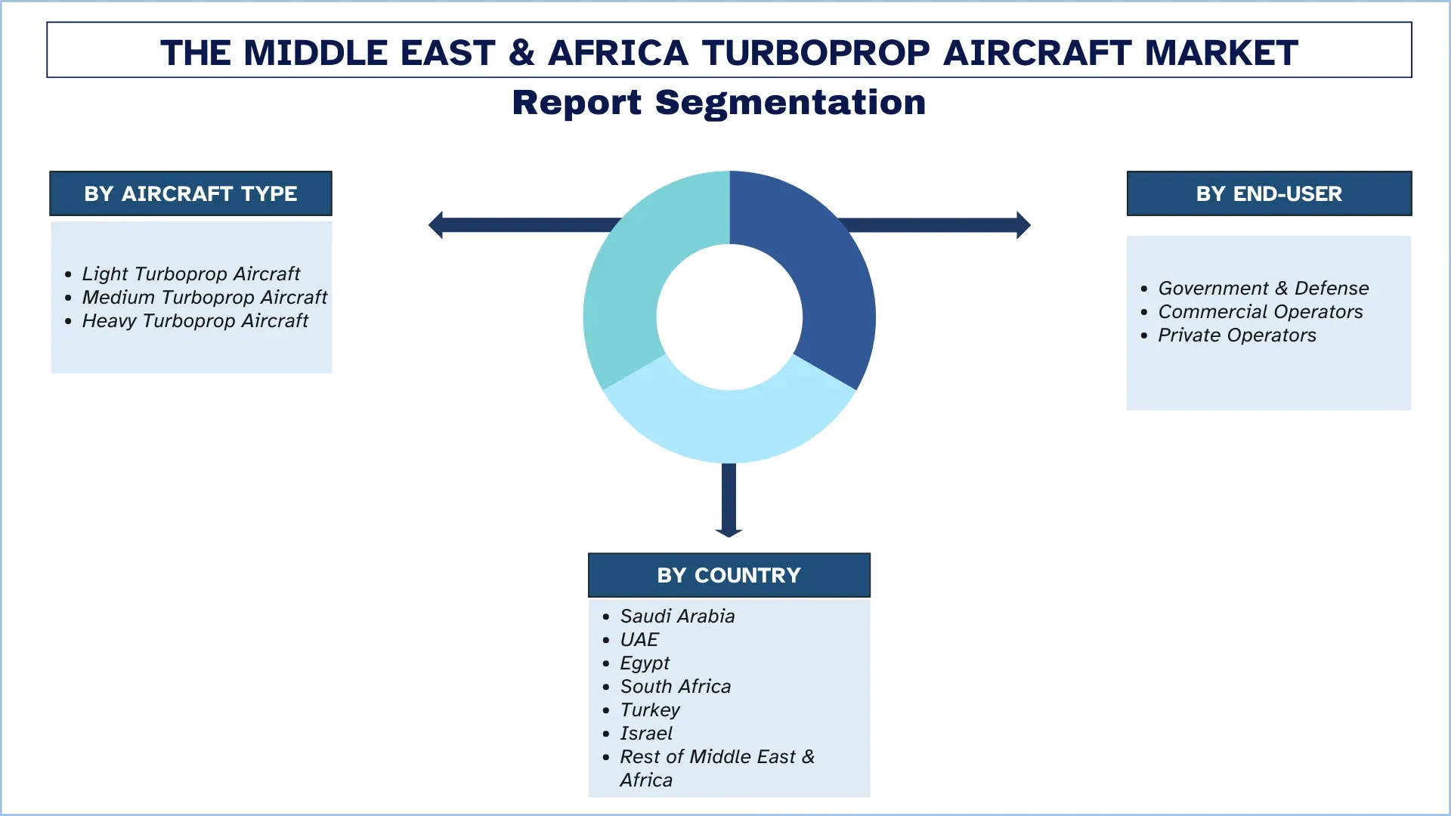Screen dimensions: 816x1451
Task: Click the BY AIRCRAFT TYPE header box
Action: pyautogui.click(x=190, y=193)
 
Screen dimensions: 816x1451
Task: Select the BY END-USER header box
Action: pyautogui.click(x=1268, y=193)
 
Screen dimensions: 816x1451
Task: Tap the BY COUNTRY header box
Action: pyautogui.click(x=729, y=575)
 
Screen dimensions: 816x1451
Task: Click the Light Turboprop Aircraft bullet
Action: pyautogui.click(x=190, y=274)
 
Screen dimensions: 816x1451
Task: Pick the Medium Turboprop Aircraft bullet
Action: pyautogui.click(x=204, y=297)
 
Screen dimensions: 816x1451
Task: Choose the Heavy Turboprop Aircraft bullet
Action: pyautogui.click(x=195, y=320)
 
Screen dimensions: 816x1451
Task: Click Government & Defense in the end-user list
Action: pyautogui.click(x=1263, y=288)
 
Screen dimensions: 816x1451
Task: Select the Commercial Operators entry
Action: pyautogui.click(x=1260, y=311)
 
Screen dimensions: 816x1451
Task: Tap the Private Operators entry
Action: pyautogui.click(x=1236, y=335)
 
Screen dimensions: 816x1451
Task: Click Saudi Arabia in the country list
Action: pyautogui.click(x=677, y=616)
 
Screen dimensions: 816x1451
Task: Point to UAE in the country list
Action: pyautogui.click(x=639, y=639)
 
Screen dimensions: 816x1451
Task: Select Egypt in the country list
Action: pyautogui.click(x=645, y=663)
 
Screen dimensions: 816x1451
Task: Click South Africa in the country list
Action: pyautogui.click(x=675, y=686)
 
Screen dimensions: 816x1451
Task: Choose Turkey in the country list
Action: pyautogui.click(x=650, y=709)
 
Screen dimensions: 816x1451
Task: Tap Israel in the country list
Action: pyautogui.click(x=645, y=733)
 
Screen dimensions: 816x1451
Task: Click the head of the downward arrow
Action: pyautogui.click(x=729, y=532)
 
